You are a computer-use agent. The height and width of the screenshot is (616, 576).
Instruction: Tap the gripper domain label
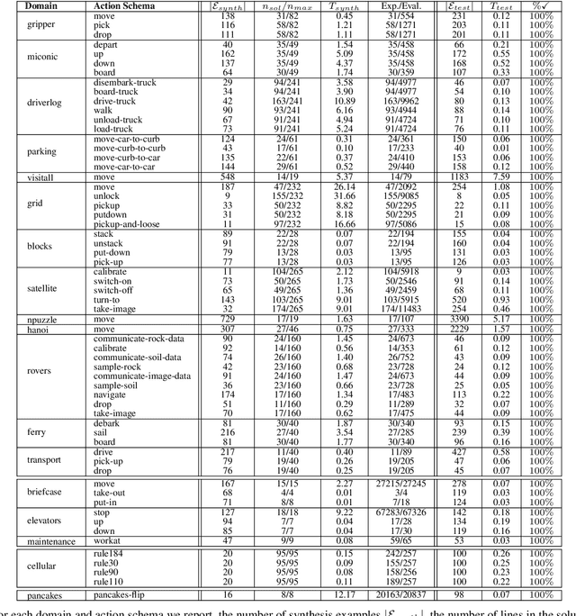pos(40,23)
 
